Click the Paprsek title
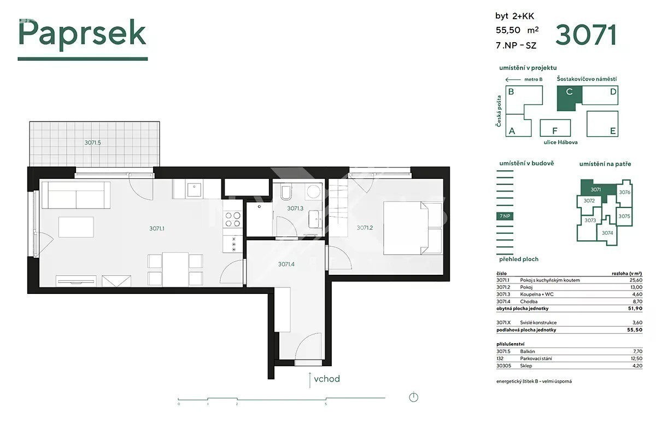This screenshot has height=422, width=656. (83, 34)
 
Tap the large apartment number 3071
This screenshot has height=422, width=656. (585, 35)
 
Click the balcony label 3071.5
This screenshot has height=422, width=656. (92, 142)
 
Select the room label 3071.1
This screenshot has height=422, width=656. (157, 228)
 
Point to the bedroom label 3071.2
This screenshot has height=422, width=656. (365, 228)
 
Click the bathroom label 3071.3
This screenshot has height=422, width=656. (295, 208)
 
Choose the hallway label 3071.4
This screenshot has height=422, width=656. (286, 264)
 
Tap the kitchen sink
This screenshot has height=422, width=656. (194, 189)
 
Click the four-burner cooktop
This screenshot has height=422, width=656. (233, 219)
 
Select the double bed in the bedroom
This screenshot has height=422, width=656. (412, 228)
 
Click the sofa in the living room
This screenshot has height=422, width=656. (76, 195)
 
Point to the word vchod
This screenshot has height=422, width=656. (327, 379)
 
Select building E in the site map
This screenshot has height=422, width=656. (602, 124)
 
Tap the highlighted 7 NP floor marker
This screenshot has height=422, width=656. (505, 216)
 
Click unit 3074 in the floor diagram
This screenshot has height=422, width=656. (607, 233)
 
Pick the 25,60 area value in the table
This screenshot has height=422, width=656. (636, 280)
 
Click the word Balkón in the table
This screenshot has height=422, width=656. (528, 351)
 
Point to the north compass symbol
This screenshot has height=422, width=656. (413, 397)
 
